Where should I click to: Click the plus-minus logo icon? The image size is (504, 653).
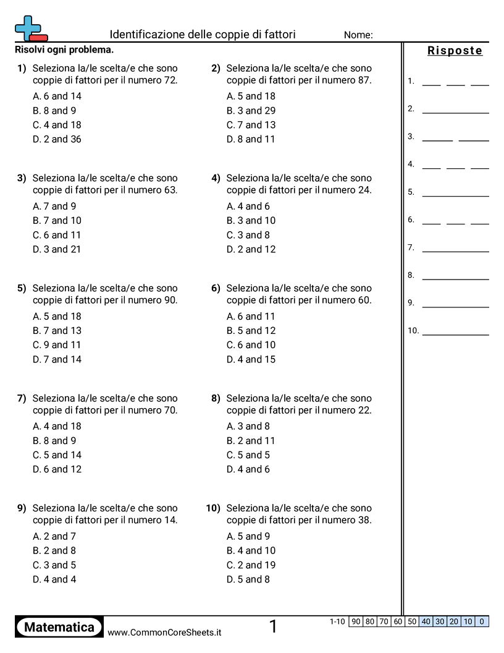click(30, 28)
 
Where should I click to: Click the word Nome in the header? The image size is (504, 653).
click(358, 35)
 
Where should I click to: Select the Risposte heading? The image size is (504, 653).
click(455, 51)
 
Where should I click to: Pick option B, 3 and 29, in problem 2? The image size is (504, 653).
click(251, 111)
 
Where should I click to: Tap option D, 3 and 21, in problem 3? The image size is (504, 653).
click(57, 249)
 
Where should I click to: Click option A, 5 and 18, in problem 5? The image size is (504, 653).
click(57, 317)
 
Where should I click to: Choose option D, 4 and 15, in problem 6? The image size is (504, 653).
click(251, 359)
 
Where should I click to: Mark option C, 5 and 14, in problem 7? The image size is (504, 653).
click(57, 455)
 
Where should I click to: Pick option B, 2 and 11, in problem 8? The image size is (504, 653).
click(251, 441)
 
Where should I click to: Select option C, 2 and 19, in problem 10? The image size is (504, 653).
click(251, 565)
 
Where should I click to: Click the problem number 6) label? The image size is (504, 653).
click(216, 288)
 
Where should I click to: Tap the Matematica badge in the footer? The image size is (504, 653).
click(59, 628)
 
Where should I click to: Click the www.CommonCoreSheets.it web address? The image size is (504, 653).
click(164, 633)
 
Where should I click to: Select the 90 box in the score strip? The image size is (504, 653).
click(356, 621)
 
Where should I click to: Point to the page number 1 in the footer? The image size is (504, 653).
click(273, 627)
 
